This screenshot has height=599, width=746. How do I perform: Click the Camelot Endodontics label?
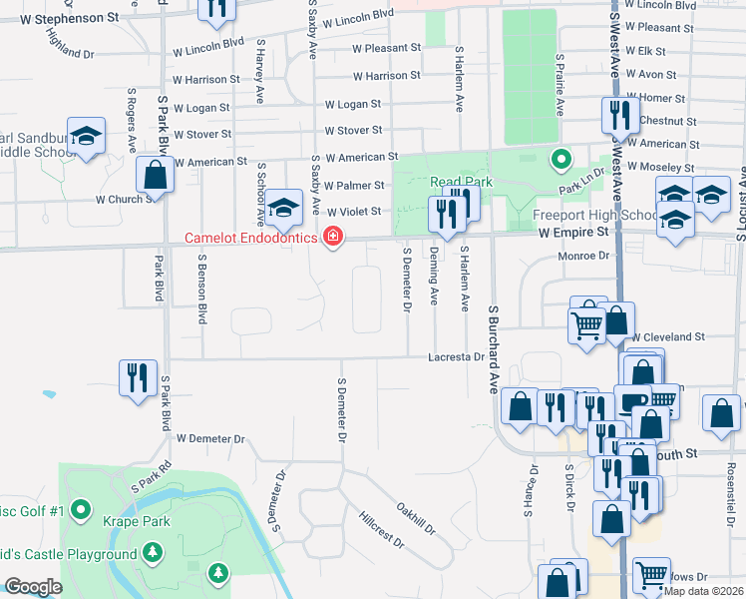[252, 238]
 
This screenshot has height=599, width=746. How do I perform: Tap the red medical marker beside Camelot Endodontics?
[331, 238]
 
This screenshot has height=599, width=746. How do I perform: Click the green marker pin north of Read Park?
[561, 158]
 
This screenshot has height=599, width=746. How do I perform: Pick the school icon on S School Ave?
[284, 208]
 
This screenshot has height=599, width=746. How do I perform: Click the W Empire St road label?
[572, 232]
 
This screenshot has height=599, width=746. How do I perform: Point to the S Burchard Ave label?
[492, 348]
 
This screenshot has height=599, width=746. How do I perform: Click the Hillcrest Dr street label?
[381, 530]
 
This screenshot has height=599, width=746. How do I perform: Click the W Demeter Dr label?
[210, 438]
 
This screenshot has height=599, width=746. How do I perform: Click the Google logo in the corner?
[32, 587]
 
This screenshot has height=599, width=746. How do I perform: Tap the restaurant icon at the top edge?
[216, 9]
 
